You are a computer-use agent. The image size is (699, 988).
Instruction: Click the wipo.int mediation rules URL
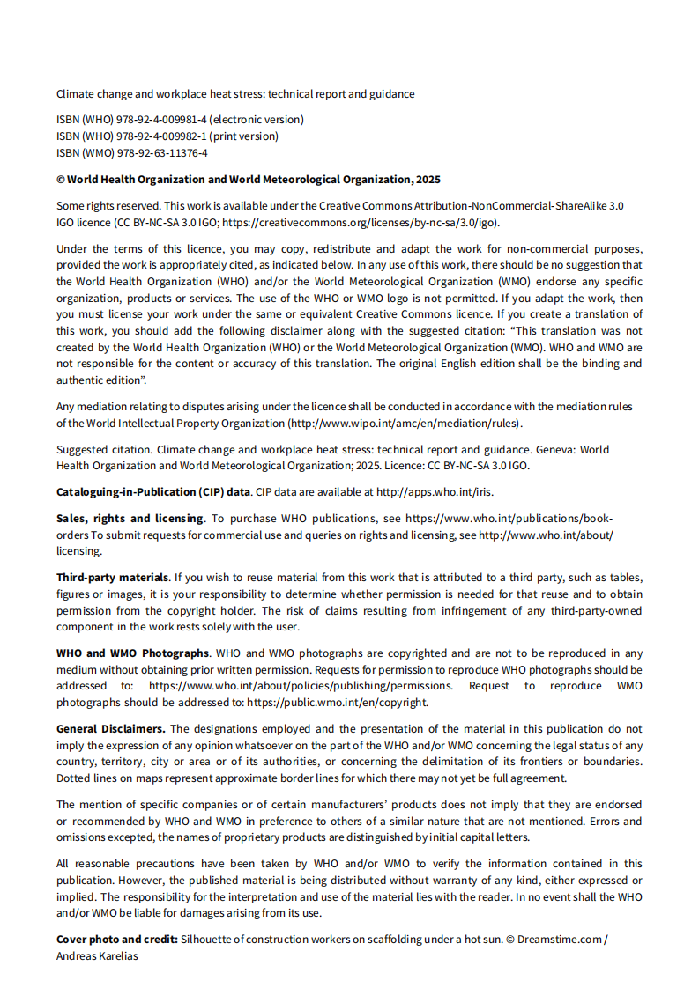(x=406, y=423)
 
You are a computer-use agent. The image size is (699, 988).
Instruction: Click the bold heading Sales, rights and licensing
(x=130, y=518)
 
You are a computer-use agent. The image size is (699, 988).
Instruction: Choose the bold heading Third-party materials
(x=112, y=577)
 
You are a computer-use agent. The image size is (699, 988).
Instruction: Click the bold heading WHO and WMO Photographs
(x=132, y=653)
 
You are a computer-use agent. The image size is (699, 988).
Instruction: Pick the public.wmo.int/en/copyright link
(x=338, y=702)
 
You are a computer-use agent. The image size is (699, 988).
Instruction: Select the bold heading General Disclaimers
(x=110, y=728)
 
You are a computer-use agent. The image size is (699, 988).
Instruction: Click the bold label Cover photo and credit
(x=117, y=939)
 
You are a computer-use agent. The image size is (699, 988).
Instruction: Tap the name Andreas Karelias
(x=97, y=955)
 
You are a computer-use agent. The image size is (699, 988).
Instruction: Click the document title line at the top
(x=235, y=93)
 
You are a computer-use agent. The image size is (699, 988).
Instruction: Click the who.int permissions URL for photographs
(x=301, y=685)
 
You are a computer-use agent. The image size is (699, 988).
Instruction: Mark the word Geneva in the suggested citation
(x=555, y=449)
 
